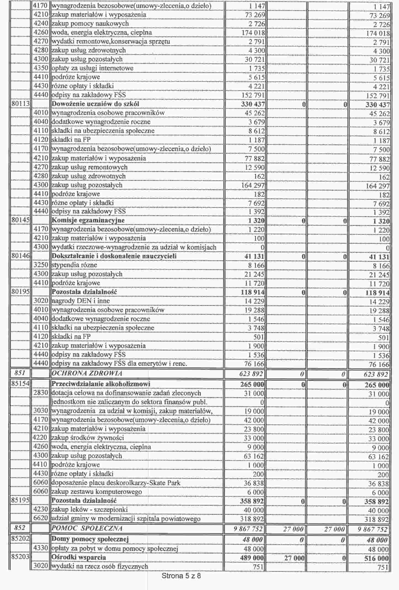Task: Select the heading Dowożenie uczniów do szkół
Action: (x=95, y=104)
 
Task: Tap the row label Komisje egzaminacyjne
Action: (x=88, y=220)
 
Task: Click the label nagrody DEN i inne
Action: (x=81, y=301)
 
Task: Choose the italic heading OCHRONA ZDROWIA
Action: (x=87, y=373)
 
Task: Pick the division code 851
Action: (x=21, y=373)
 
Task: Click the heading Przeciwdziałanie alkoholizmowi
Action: (x=101, y=384)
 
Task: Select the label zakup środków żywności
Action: (x=87, y=438)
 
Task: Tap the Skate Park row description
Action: (x=116, y=483)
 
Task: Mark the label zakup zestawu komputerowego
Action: (x=97, y=492)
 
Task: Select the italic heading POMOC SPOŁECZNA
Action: (x=87, y=528)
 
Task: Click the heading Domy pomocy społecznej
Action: (x=90, y=539)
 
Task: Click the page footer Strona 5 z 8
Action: (x=181, y=576)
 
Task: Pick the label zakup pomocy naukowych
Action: (x=90, y=23)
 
